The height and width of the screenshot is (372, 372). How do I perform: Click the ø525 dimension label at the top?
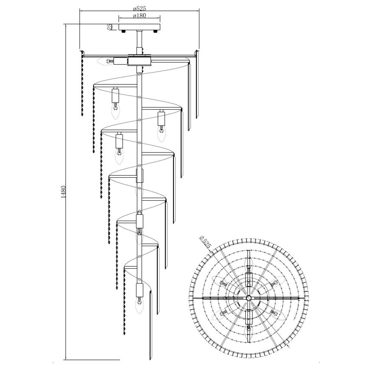pyautogui.click(x=139, y=8)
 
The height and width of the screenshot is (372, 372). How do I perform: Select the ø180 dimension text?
pyautogui.click(x=139, y=15)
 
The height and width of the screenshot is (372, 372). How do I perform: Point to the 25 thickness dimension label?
pyautogui.click(x=109, y=27)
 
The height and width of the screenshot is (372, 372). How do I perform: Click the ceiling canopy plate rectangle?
pyautogui.click(x=139, y=27)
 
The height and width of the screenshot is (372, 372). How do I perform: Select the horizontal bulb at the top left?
pyautogui.click(x=105, y=61)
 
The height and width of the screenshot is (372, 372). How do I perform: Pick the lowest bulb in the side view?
pyautogui.click(x=139, y=307)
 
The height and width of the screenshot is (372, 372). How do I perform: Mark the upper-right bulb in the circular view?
pyautogui.click(x=278, y=281)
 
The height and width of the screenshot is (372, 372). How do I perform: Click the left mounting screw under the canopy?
pyautogui.click(x=123, y=31)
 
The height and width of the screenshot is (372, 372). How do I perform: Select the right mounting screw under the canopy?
pyautogui.click(x=155, y=31)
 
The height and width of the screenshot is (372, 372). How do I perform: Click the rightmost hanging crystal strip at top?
pyautogui.click(x=197, y=84)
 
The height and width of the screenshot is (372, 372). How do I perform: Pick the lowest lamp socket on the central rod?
pyautogui.click(x=139, y=290)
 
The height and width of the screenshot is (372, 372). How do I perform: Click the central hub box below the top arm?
pyautogui.click(x=139, y=61)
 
